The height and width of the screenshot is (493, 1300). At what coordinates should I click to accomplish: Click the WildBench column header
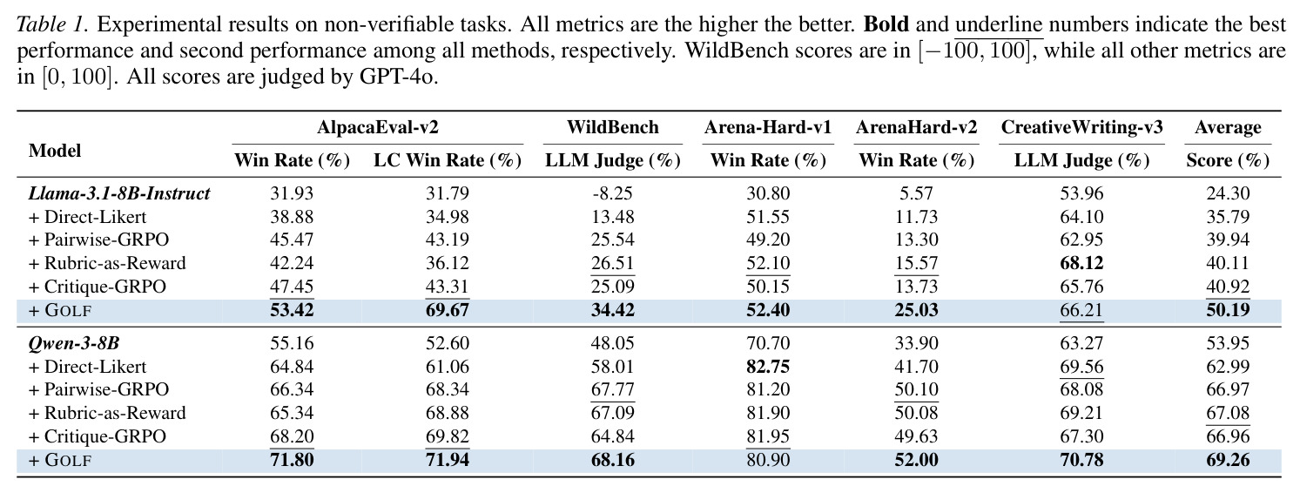tap(613, 127)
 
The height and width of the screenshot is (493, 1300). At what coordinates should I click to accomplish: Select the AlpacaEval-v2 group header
tap(377, 127)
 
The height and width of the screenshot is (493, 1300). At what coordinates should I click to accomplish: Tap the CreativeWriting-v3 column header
tap(1081, 127)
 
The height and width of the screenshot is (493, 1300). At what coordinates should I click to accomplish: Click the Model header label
tap(55, 151)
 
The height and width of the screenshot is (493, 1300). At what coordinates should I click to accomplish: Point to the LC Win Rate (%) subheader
tap(448, 160)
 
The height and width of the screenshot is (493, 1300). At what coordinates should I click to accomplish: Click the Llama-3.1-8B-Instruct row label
tap(119, 192)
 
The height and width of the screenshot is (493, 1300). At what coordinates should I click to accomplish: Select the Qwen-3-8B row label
tap(74, 343)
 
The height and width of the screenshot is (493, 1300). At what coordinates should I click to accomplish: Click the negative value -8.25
tap(612, 192)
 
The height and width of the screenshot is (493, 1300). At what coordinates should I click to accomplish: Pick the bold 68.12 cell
tap(1081, 262)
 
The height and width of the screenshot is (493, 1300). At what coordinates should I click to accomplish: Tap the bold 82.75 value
tap(768, 367)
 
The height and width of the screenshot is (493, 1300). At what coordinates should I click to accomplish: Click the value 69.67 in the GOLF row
tap(447, 309)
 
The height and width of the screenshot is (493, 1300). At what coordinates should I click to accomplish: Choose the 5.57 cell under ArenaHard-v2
tap(916, 192)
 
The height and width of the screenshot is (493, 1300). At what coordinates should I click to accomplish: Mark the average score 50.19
tap(1228, 309)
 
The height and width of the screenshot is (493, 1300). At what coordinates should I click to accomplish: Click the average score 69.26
tap(1228, 459)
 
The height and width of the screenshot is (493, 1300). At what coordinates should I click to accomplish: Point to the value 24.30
tap(1228, 192)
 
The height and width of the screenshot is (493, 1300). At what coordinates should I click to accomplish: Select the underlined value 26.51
tap(612, 262)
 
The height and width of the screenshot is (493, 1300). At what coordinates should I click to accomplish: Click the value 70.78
tap(1081, 459)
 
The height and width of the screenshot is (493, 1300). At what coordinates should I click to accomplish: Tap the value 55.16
tap(292, 343)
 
